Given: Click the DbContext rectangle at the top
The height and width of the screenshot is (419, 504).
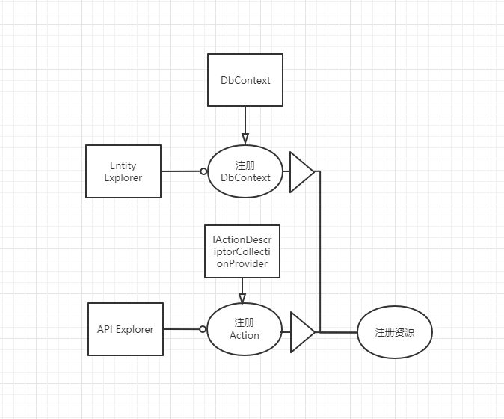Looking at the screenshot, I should coord(245,79).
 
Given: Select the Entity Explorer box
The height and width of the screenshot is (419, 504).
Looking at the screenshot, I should coord(123,171).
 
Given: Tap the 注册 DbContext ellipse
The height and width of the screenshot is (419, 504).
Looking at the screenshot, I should coord(245,171).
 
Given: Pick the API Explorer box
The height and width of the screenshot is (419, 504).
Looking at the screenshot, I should coord(126,329).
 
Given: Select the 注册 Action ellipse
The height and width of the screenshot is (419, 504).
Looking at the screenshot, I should coord(244,329).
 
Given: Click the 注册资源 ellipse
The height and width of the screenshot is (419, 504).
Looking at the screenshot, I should coord(395,331).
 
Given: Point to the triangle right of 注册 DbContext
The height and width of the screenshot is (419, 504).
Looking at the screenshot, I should coord(301,171).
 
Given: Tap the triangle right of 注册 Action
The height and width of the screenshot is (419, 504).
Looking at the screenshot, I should coord(301,331).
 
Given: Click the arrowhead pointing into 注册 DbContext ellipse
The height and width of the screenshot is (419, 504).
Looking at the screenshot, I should coord(245,138).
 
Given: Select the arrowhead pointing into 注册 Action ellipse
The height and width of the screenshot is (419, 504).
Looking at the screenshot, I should coord(242,298).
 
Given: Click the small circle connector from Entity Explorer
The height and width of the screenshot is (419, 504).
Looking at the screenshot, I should coord(203,171).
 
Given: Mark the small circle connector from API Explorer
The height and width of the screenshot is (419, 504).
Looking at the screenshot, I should coord(203,329).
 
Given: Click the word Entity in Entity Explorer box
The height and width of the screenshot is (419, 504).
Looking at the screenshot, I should coord(123,165).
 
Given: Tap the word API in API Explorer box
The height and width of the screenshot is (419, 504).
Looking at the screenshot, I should coord(106,329).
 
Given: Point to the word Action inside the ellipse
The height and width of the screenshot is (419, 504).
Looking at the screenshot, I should coord(245,335).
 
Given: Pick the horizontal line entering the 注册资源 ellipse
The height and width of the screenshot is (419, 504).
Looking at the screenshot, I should coord(338,331).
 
